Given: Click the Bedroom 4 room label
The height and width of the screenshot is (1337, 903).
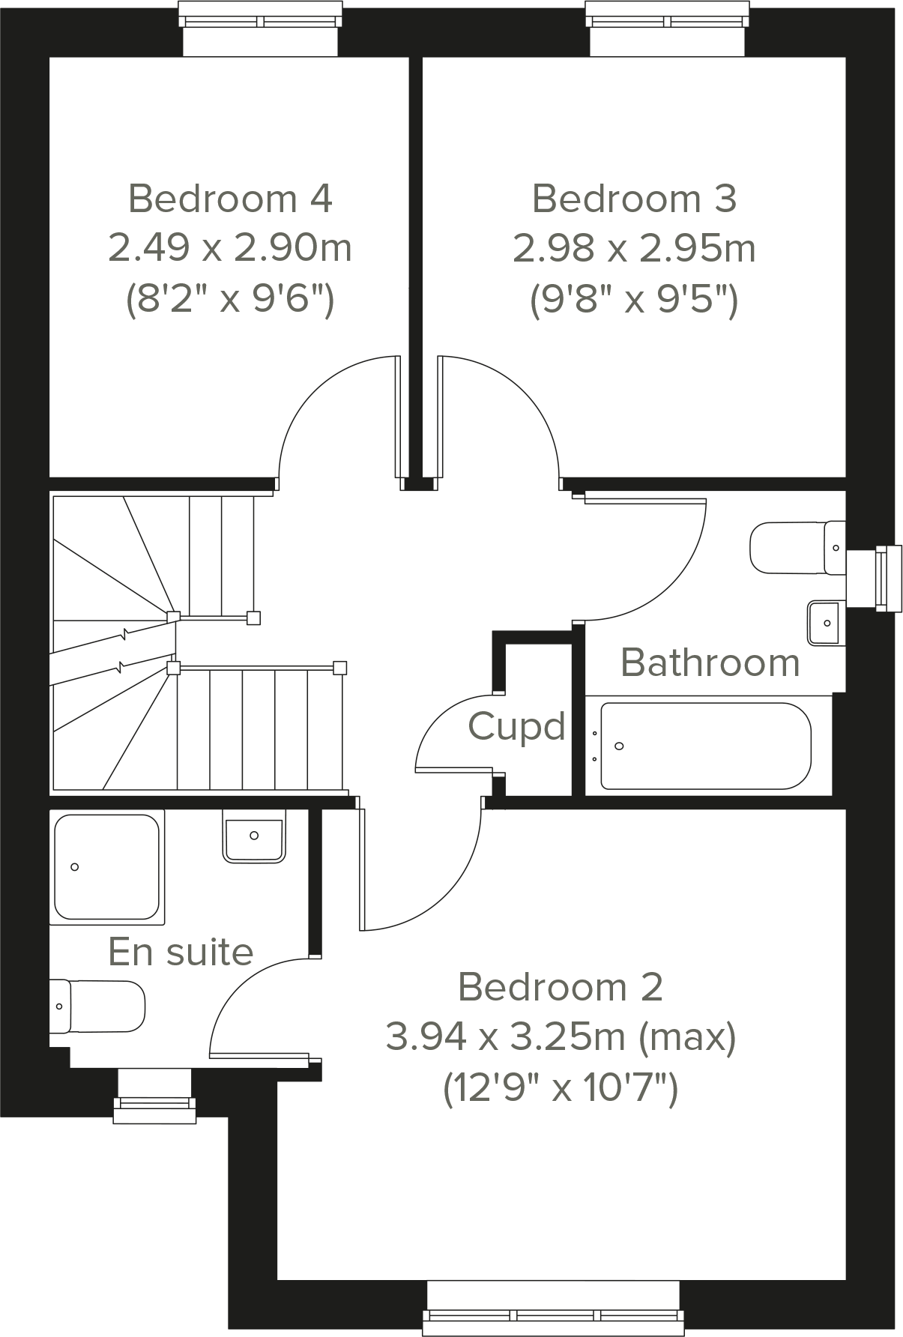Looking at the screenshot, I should click(x=230, y=199).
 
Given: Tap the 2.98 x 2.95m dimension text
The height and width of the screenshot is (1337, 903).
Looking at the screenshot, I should click(x=634, y=248).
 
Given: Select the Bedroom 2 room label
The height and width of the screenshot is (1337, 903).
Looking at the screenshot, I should click(x=560, y=987).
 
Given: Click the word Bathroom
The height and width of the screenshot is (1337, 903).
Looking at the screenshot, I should click(x=710, y=663).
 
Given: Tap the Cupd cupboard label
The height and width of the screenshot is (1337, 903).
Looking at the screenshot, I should click(x=516, y=726).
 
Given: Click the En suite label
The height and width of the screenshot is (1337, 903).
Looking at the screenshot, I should click(x=181, y=952).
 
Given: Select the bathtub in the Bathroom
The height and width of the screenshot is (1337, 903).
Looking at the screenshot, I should click(x=704, y=746).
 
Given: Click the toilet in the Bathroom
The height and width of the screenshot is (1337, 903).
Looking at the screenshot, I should click(x=796, y=548).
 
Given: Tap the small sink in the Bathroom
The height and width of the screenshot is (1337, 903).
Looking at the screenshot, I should click(x=824, y=623).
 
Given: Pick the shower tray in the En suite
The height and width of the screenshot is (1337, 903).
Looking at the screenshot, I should click(x=106, y=867).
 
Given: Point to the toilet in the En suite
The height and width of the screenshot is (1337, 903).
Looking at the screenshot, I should click(x=97, y=1006).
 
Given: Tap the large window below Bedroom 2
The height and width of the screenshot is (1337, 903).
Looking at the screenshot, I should click(x=553, y=1314).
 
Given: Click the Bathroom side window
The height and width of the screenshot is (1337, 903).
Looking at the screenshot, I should click(x=886, y=576).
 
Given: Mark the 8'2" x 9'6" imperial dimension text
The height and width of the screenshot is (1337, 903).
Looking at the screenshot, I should click(x=229, y=300).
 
